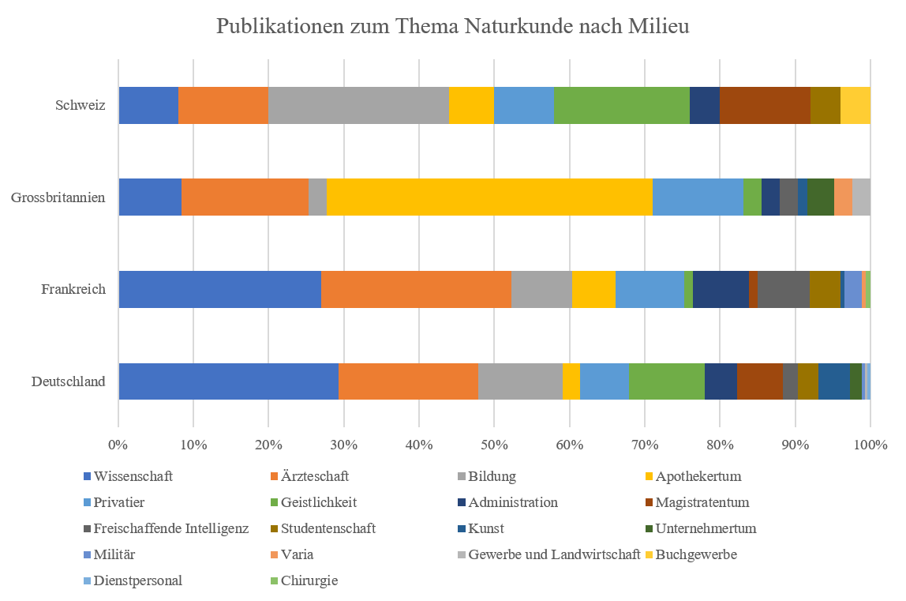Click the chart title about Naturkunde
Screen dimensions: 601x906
pyautogui.click(x=453, y=27)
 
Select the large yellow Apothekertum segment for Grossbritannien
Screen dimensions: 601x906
pyautogui.click(x=489, y=197)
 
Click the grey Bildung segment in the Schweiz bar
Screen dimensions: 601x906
pyautogui.click(x=358, y=106)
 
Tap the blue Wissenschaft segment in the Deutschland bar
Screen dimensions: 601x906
pyautogui.click(x=228, y=381)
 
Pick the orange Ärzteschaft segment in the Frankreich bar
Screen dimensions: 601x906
pyautogui.click(x=416, y=289)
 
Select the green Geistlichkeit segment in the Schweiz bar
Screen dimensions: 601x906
pyautogui.click(x=621, y=106)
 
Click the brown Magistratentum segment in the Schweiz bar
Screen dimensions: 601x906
pyautogui.click(x=765, y=106)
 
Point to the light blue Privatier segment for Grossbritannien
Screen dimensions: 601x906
pyautogui.click(x=698, y=197)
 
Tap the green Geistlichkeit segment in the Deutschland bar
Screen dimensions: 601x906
pyautogui.click(x=667, y=381)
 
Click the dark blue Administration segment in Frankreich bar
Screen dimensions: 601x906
pyautogui.click(x=721, y=289)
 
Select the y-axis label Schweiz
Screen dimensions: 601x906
pyautogui.click(x=80, y=106)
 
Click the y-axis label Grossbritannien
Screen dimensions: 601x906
pyautogui.click(x=58, y=197)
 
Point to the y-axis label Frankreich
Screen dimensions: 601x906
pyautogui.click(x=73, y=289)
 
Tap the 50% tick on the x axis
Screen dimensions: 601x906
pyautogui.click(x=494, y=445)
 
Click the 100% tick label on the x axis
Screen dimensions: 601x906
pyautogui.click(x=870, y=445)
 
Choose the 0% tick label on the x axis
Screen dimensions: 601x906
pyautogui.click(x=118, y=445)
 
